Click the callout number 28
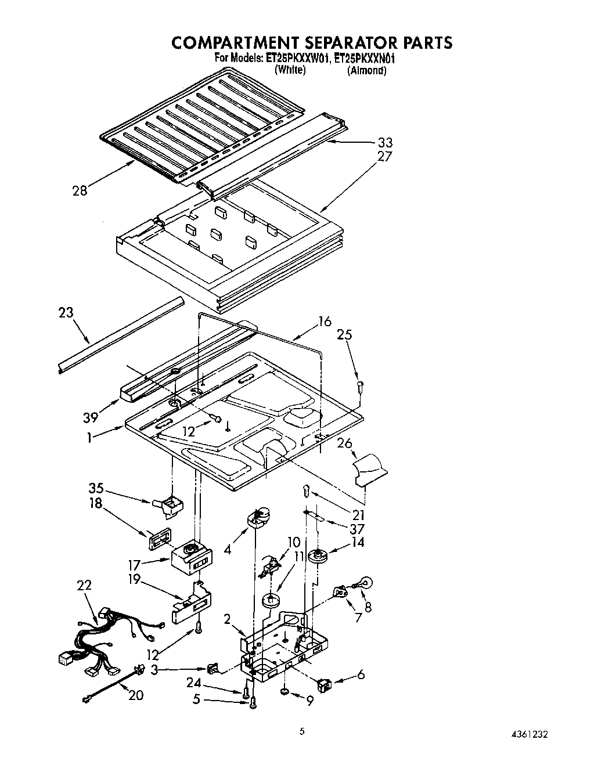tap(80, 190)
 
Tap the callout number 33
tap(385, 142)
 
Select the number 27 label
tap(385, 156)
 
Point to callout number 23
tap(66, 313)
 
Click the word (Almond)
tap(366, 71)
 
